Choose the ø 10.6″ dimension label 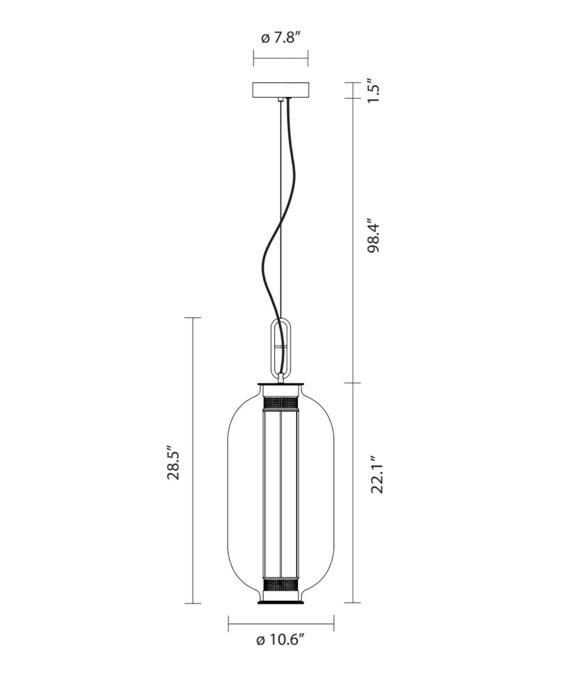pyautogui.click(x=280, y=640)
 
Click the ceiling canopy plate pyautogui.click(x=281, y=90)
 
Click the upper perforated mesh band pyautogui.click(x=281, y=402)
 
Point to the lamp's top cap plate pyautogui.click(x=281, y=385)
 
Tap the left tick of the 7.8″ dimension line pyautogui.click(x=254, y=58)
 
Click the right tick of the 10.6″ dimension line pyautogui.click(x=334, y=623)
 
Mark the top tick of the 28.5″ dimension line pyautogui.click(x=193, y=318)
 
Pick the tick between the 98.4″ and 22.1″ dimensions pyautogui.click(x=353, y=383)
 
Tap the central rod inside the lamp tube pyautogui.click(x=281, y=492)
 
